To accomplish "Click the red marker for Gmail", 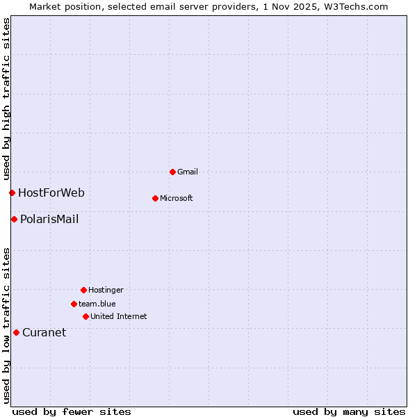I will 172,172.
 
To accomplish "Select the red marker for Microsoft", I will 155,198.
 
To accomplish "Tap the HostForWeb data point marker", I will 12,193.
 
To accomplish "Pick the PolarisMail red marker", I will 14,220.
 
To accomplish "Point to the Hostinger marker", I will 83,290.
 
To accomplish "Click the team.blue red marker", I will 74,304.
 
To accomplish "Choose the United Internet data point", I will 85,316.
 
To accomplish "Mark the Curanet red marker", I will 16,332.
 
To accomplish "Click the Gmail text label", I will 188,172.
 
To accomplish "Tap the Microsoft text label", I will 177,198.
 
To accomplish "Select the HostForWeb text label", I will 51,193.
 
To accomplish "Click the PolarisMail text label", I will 49,220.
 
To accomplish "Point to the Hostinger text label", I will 106,290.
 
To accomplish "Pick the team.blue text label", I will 97,304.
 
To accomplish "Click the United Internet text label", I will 119,316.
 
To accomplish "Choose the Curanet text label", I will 44,332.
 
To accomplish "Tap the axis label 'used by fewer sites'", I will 72,412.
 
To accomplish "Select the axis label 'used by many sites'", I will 349,412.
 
